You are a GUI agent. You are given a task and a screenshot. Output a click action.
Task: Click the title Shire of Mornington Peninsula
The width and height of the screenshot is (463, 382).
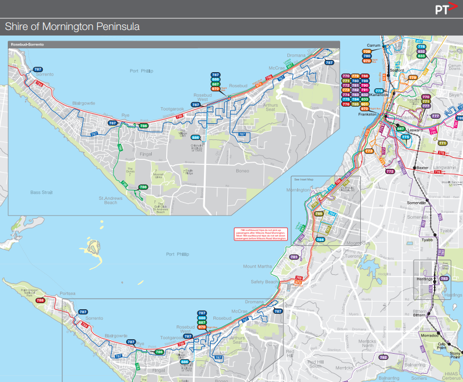[72, 27]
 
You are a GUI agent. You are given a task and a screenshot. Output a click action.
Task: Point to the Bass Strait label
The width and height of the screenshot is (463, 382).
[41, 192]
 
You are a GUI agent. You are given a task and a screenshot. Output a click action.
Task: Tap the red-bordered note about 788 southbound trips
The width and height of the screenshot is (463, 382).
[259, 234]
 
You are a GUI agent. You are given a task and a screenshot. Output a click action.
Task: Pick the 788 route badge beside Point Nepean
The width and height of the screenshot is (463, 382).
[40, 300]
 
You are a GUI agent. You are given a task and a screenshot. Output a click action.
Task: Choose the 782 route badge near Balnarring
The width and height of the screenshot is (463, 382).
[383, 357]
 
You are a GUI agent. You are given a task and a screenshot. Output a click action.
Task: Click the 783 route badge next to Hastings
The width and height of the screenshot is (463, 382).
[444, 279]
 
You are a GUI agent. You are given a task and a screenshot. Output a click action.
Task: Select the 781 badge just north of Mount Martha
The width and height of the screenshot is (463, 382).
[294, 257]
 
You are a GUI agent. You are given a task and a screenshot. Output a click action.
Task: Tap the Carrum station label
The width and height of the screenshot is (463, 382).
[372, 44]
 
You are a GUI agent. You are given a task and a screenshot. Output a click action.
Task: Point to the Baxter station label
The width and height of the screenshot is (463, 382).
[423, 167]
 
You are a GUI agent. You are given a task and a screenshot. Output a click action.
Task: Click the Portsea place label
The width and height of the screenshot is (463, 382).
[67, 294]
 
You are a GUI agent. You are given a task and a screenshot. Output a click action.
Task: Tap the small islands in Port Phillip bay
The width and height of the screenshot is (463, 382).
[92, 247]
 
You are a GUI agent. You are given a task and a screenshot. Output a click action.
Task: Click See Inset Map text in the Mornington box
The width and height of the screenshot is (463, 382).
[303, 179]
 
